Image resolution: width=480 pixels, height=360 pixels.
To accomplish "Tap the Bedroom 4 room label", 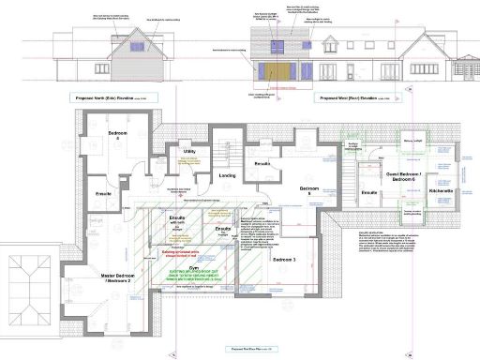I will click(116, 136).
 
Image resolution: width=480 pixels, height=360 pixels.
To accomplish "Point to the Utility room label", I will click(188, 151).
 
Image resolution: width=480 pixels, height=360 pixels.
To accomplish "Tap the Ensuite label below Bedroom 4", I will click(103, 194).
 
